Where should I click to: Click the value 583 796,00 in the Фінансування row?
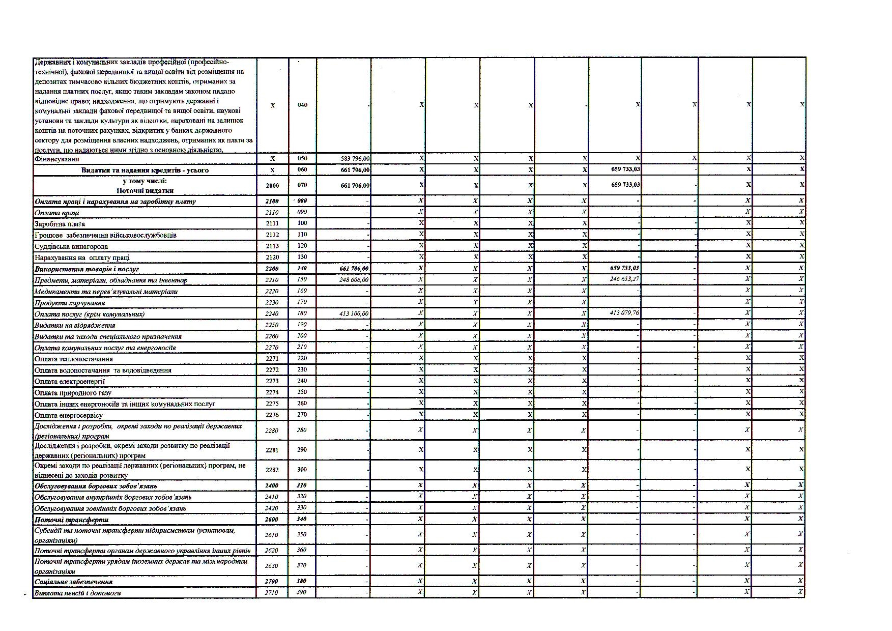(x=355, y=159)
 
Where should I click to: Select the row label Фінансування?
(x=57, y=159)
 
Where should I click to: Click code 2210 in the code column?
(x=272, y=280)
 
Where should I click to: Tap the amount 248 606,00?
(x=354, y=280)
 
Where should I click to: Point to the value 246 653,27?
(x=625, y=279)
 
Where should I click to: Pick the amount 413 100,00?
(x=354, y=314)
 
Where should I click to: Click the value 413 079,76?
(x=625, y=313)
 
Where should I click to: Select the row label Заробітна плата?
(x=60, y=224)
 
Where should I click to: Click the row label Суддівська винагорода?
(x=71, y=246)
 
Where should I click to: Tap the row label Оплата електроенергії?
(x=70, y=381)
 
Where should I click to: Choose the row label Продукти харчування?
(x=70, y=303)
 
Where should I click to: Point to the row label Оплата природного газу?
(x=73, y=392)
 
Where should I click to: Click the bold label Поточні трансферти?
(x=71, y=520)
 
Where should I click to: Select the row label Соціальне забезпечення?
(x=74, y=581)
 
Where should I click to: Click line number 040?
(x=302, y=105)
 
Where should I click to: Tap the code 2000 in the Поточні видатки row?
(x=272, y=186)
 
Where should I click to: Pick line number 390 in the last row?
(x=302, y=592)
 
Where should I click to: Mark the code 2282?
(x=272, y=470)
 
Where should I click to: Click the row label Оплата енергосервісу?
(x=69, y=415)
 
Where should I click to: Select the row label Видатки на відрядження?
(x=75, y=325)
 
